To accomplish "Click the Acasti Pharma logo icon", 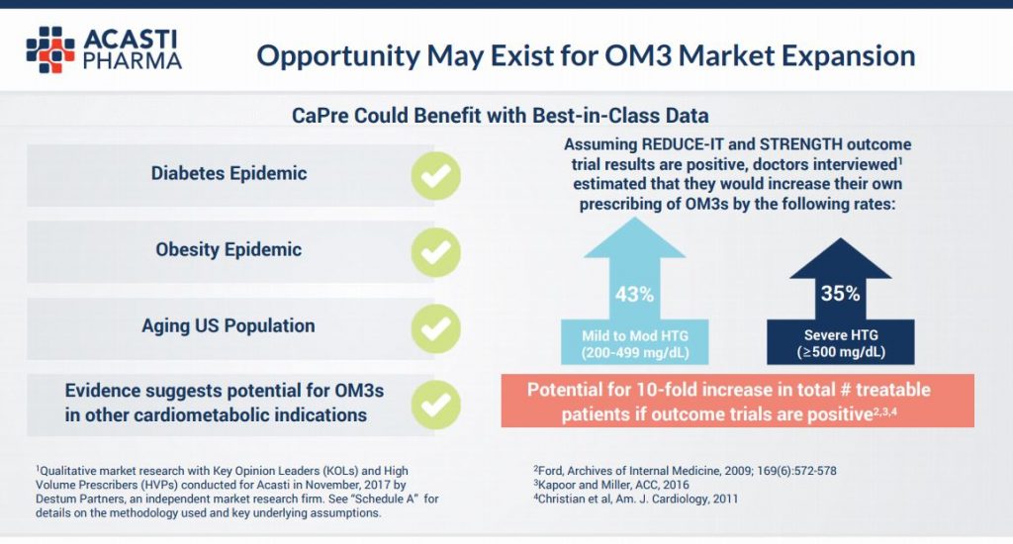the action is (50, 49).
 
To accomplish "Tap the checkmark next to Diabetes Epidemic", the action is (436, 176).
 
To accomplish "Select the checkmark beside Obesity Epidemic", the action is (436, 252).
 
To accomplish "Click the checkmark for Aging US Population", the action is (436, 328).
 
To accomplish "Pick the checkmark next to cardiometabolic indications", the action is (436, 405).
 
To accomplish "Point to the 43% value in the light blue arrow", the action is (634, 295).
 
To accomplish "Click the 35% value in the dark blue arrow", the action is (841, 294).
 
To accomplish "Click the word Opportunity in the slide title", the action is (338, 56).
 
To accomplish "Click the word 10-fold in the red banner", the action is (667, 390).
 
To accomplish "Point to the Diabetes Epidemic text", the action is (229, 173).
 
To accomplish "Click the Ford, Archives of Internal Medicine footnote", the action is (685, 471).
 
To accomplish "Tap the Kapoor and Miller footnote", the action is (611, 485).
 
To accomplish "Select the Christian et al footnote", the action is (636, 499).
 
